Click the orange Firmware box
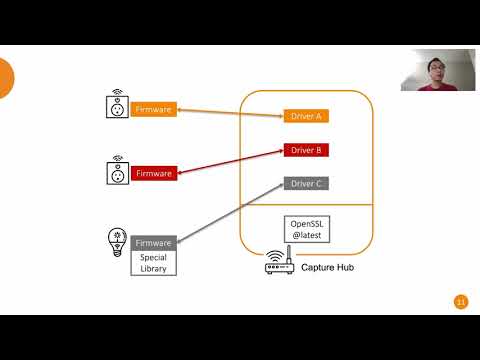pyautogui.click(x=154, y=108)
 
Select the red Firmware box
pyautogui.click(x=154, y=173)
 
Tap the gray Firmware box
pyautogui.click(x=154, y=243)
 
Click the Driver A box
pyautogui.click(x=306, y=116)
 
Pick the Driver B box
pyautogui.click(x=306, y=150)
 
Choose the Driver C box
pyautogui.click(x=306, y=184)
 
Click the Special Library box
pyautogui.click(x=154, y=263)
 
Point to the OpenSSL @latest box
pyautogui.click(x=306, y=228)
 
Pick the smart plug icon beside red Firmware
pyautogui.click(x=117, y=171)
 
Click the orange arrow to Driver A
pyautogui.click(x=230, y=112)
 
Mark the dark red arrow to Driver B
pyautogui.click(x=230, y=162)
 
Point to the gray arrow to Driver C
pyautogui.click(x=230, y=213)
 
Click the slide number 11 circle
pyautogui.click(x=461, y=302)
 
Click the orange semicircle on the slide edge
pyautogui.click(x=5, y=78)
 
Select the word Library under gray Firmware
pyautogui.click(x=154, y=268)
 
